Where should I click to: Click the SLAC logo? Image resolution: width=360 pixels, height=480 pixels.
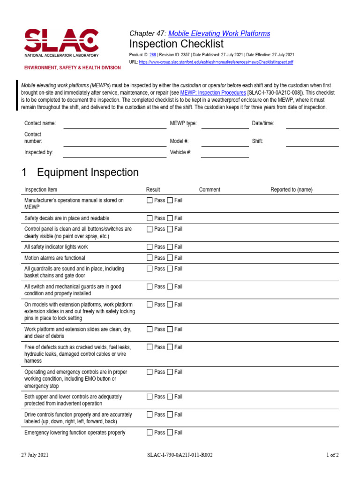click(x=61, y=43)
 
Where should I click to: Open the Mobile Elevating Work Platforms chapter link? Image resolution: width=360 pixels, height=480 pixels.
click(x=219, y=33)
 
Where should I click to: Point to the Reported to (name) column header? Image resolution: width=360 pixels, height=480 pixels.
click(x=291, y=190)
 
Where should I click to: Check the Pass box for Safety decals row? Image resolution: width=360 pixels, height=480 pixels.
click(x=150, y=218)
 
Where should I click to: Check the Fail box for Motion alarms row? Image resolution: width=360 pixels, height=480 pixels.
click(x=170, y=258)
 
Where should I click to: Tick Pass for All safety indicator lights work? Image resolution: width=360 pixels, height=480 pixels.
click(x=150, y=247)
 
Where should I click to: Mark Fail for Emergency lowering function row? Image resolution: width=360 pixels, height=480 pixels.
click(x=170, y=433)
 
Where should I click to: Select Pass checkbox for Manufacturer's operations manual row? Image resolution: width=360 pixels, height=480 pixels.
click(x=150, y=201)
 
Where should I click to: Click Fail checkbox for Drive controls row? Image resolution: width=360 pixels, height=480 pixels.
click(x=170, y=415)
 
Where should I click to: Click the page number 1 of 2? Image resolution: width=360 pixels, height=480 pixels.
click(x=332, y=455)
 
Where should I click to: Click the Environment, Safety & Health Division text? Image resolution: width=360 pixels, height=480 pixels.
click(x=73, y=68)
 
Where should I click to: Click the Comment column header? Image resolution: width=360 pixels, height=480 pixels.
click(x=210, y=190)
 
